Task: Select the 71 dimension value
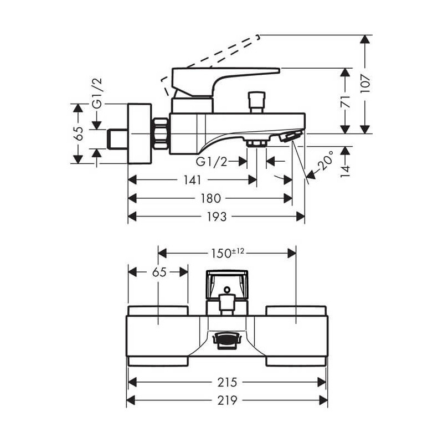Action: tap(345, 101)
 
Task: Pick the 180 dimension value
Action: tap(210, 198)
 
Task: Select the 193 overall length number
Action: tap(217, 217)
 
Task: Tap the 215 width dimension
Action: tap(227, 382)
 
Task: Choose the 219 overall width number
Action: tap(227, 400)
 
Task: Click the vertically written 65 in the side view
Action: tap(78, 133)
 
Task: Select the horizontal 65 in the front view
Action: tap(158, 272)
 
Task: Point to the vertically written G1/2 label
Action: tap(97, 93)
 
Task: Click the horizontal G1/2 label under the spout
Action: tap(212, 161)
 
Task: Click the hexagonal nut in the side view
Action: tap(161, 133)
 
